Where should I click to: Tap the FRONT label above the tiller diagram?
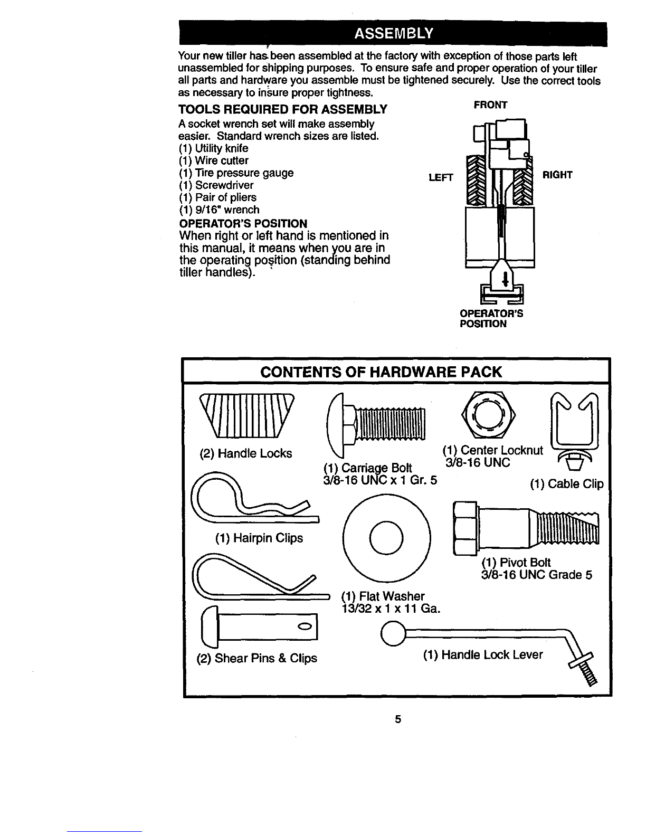(490, 105)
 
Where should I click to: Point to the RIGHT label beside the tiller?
(557, 174)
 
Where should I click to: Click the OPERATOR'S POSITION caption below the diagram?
(491, 319)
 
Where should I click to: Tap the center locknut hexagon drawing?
(487, 414)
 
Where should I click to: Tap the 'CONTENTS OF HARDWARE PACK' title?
(381, 372)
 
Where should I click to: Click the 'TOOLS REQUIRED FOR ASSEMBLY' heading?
(283, 110)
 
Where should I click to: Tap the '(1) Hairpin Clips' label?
(259, 538)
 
